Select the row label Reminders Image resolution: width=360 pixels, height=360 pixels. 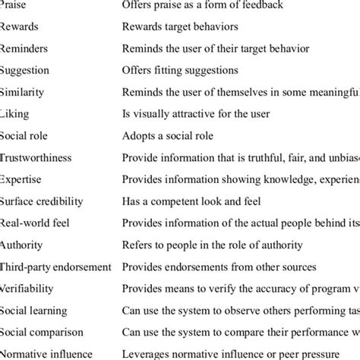point(26,49)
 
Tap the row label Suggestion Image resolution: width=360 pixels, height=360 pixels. point(26,71)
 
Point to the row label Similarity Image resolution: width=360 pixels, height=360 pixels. point(24,92)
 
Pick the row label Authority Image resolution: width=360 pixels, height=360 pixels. point(22,245)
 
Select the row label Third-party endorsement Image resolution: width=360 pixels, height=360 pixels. point(55,267)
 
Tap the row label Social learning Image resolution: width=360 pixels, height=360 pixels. point(33,310)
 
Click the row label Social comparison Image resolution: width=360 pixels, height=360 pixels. point(43,332)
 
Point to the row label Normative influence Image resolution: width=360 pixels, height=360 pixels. point(46,353)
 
